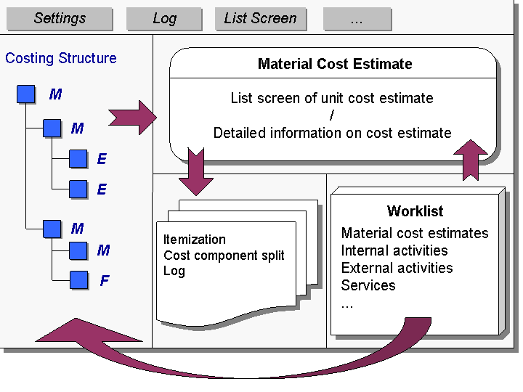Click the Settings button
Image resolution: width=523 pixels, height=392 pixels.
point(60,19)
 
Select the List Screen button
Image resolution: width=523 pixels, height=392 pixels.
point(260,19)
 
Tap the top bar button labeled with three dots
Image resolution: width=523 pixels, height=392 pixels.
point(356,19)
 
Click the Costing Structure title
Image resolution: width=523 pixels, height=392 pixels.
point(61,58)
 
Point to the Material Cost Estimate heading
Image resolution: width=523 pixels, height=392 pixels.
point(335,64)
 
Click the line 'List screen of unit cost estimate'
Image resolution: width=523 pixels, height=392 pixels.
point(332,98)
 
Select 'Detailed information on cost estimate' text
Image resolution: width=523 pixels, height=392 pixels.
point(332,133)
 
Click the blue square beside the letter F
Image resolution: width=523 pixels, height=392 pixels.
point(79,279)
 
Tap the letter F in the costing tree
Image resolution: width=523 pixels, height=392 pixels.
point(105,280)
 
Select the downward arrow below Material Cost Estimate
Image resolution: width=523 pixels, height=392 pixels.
point(195,172)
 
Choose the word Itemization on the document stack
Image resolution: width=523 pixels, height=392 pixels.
point(194,239)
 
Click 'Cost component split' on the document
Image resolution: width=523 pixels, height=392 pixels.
point(224,255)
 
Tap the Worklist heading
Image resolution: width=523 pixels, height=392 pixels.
point(415,211)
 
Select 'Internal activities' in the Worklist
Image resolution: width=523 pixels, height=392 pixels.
point(394,250)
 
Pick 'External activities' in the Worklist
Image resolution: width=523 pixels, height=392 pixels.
point(397,268)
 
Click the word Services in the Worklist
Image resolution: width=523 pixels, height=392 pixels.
point(368,285)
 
